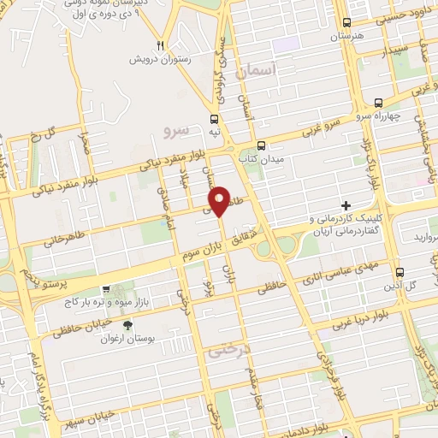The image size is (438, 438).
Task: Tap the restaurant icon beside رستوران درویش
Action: coord(160,44)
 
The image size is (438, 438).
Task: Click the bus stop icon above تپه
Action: coord(215,119)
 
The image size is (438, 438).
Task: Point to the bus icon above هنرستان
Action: coord(346,23)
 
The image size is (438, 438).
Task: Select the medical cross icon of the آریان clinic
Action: coord(346,205)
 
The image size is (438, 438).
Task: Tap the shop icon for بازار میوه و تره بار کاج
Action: coord(105,289)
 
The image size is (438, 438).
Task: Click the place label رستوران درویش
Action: coord(157,60)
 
